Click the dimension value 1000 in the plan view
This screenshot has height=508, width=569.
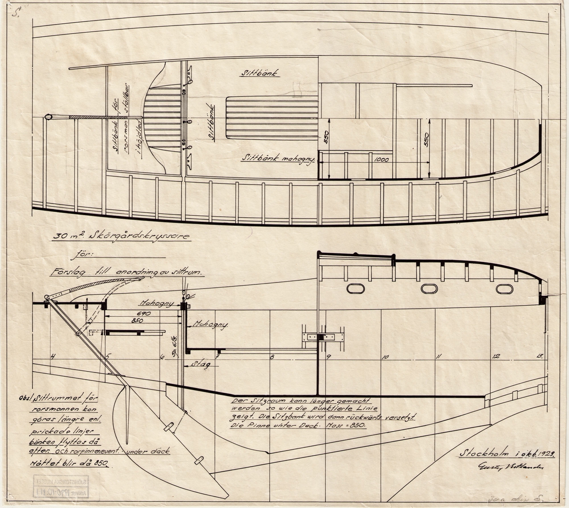point(381,160)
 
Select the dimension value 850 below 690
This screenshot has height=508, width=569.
point(143,321)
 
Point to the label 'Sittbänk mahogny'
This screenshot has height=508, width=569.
point(278,160)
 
